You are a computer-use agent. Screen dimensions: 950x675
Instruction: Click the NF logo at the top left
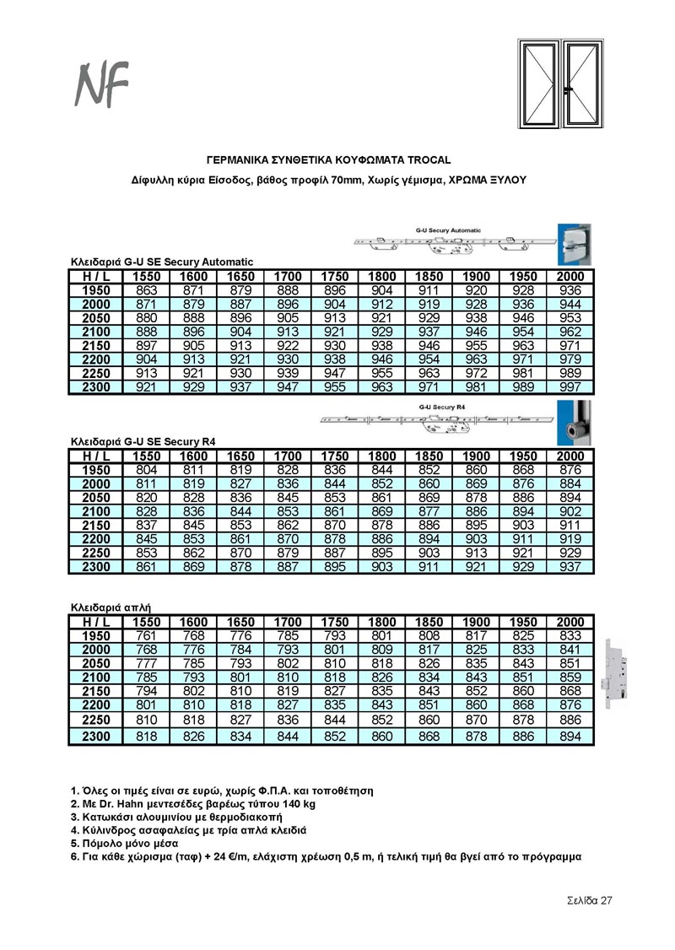[x=102, y=84]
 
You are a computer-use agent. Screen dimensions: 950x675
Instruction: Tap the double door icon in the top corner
[x=556, y=84]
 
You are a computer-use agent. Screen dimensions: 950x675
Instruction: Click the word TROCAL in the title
[x=428, y=159]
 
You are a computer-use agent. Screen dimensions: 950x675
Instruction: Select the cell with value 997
[x=570, y=387]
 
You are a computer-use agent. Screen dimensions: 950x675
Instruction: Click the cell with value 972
[x=476, y=373]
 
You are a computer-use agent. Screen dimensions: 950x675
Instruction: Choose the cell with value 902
[x=570, y=511]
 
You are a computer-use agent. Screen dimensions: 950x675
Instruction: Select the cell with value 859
[x=570, y=677]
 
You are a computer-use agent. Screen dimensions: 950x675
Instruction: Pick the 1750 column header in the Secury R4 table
[x=335, y=456]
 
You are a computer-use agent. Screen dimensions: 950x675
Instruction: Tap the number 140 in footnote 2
[x=268, y=804]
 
